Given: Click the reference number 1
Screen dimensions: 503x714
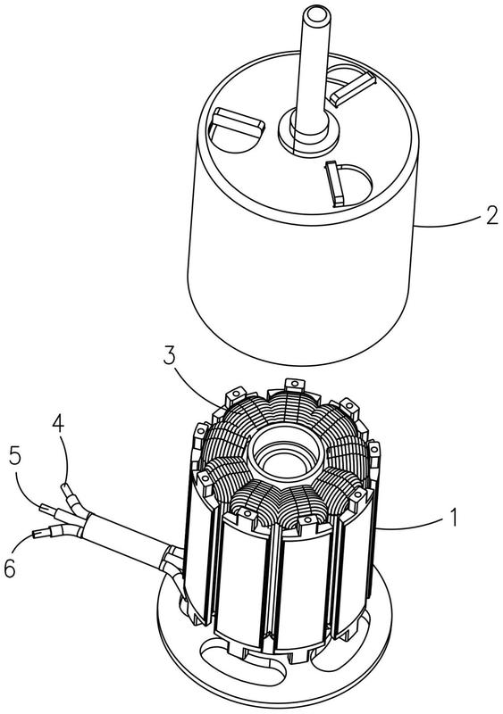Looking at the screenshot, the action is tap(453, 518).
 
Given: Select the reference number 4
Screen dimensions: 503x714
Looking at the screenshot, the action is tap(58, 423).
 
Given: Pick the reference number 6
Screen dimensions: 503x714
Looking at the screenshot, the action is tap(10, 569).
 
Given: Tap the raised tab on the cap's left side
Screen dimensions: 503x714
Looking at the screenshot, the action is tap(239, 122).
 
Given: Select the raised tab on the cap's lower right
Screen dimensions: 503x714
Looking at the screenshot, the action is tap(335, 183).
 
